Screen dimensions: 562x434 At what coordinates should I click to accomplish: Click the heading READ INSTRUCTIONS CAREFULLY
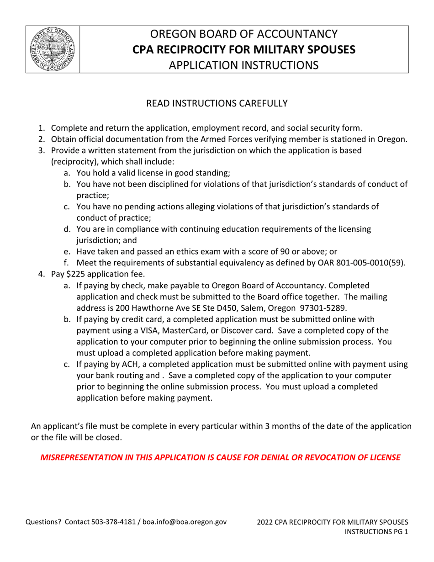point(217,104)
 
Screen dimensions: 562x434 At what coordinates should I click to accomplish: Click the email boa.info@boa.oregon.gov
point(185,522)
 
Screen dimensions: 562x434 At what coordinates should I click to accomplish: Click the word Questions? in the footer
point(44,522)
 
